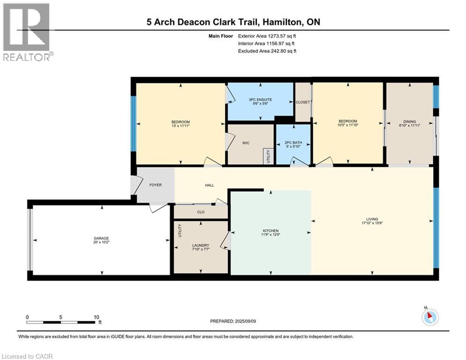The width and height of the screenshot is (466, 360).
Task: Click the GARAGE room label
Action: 101,238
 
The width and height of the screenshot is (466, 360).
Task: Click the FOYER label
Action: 155,185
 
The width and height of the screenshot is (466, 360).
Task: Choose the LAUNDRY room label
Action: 200,246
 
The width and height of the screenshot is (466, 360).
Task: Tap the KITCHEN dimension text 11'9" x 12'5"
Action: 271,235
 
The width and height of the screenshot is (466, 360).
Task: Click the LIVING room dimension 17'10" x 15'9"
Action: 372,223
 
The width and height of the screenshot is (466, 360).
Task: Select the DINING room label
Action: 410,121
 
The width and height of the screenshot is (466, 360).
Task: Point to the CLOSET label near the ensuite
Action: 303,103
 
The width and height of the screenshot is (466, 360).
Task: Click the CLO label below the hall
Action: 200,212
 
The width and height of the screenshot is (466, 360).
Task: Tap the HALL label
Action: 209,185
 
